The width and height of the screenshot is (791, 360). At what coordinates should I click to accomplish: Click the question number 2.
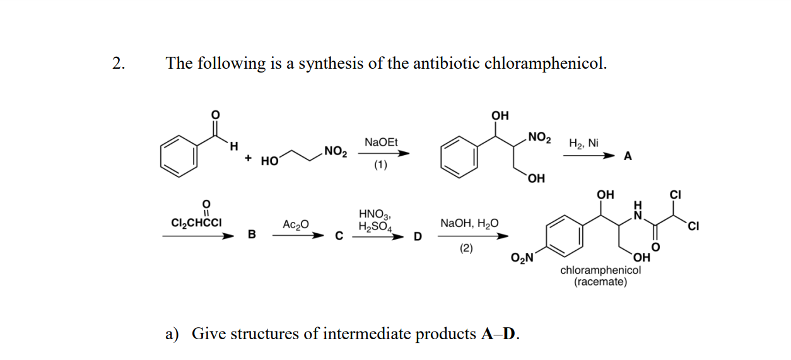click(118, 63)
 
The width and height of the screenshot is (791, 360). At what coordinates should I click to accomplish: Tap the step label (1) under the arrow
click(380, 166)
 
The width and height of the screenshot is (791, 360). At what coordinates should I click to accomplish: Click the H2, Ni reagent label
click(583, 143)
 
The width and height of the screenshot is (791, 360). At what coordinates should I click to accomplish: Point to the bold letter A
click(628, 156)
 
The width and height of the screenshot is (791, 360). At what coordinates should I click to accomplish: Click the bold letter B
click(252, 235)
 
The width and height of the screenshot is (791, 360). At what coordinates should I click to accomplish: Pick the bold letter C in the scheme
click(338, 236)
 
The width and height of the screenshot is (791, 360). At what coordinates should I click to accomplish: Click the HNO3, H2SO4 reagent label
click(375, 220)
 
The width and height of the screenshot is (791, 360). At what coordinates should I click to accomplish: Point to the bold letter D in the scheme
click(416, 236)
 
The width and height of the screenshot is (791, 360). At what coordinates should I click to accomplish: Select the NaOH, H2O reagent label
click(469, 223)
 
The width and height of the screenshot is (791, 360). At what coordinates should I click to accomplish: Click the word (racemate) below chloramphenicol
click(601, 282)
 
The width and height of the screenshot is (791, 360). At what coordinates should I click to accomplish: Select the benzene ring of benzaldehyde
click(178, 155)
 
